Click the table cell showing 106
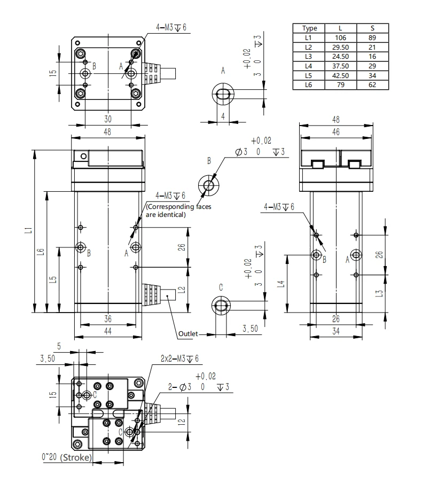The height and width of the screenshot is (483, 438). [340, 37]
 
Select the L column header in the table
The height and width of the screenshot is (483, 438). [340, 28]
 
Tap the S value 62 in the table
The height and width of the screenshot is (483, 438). [372, 85]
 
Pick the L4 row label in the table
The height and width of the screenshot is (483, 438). [308, 66]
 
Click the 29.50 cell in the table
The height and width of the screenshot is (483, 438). [340, 47]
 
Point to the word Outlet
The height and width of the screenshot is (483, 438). [188, 333]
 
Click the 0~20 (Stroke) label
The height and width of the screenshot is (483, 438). [67, 457]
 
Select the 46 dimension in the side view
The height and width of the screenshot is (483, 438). [336, 132]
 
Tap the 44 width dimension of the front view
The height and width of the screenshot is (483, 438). [108, 331]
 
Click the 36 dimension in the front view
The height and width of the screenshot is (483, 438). [108, 319]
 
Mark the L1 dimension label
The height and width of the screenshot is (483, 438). [29, 230]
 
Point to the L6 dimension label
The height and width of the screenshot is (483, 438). [41, 252]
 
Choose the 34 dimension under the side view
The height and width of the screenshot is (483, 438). [336, 331]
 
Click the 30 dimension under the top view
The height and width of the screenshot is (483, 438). [108, 119]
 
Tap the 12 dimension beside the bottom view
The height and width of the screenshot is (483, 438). [182, 421]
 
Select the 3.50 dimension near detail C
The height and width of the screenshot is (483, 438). [250, 329]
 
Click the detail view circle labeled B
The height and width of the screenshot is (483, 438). [209, 185]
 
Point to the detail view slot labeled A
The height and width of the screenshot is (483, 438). [223, 94]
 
